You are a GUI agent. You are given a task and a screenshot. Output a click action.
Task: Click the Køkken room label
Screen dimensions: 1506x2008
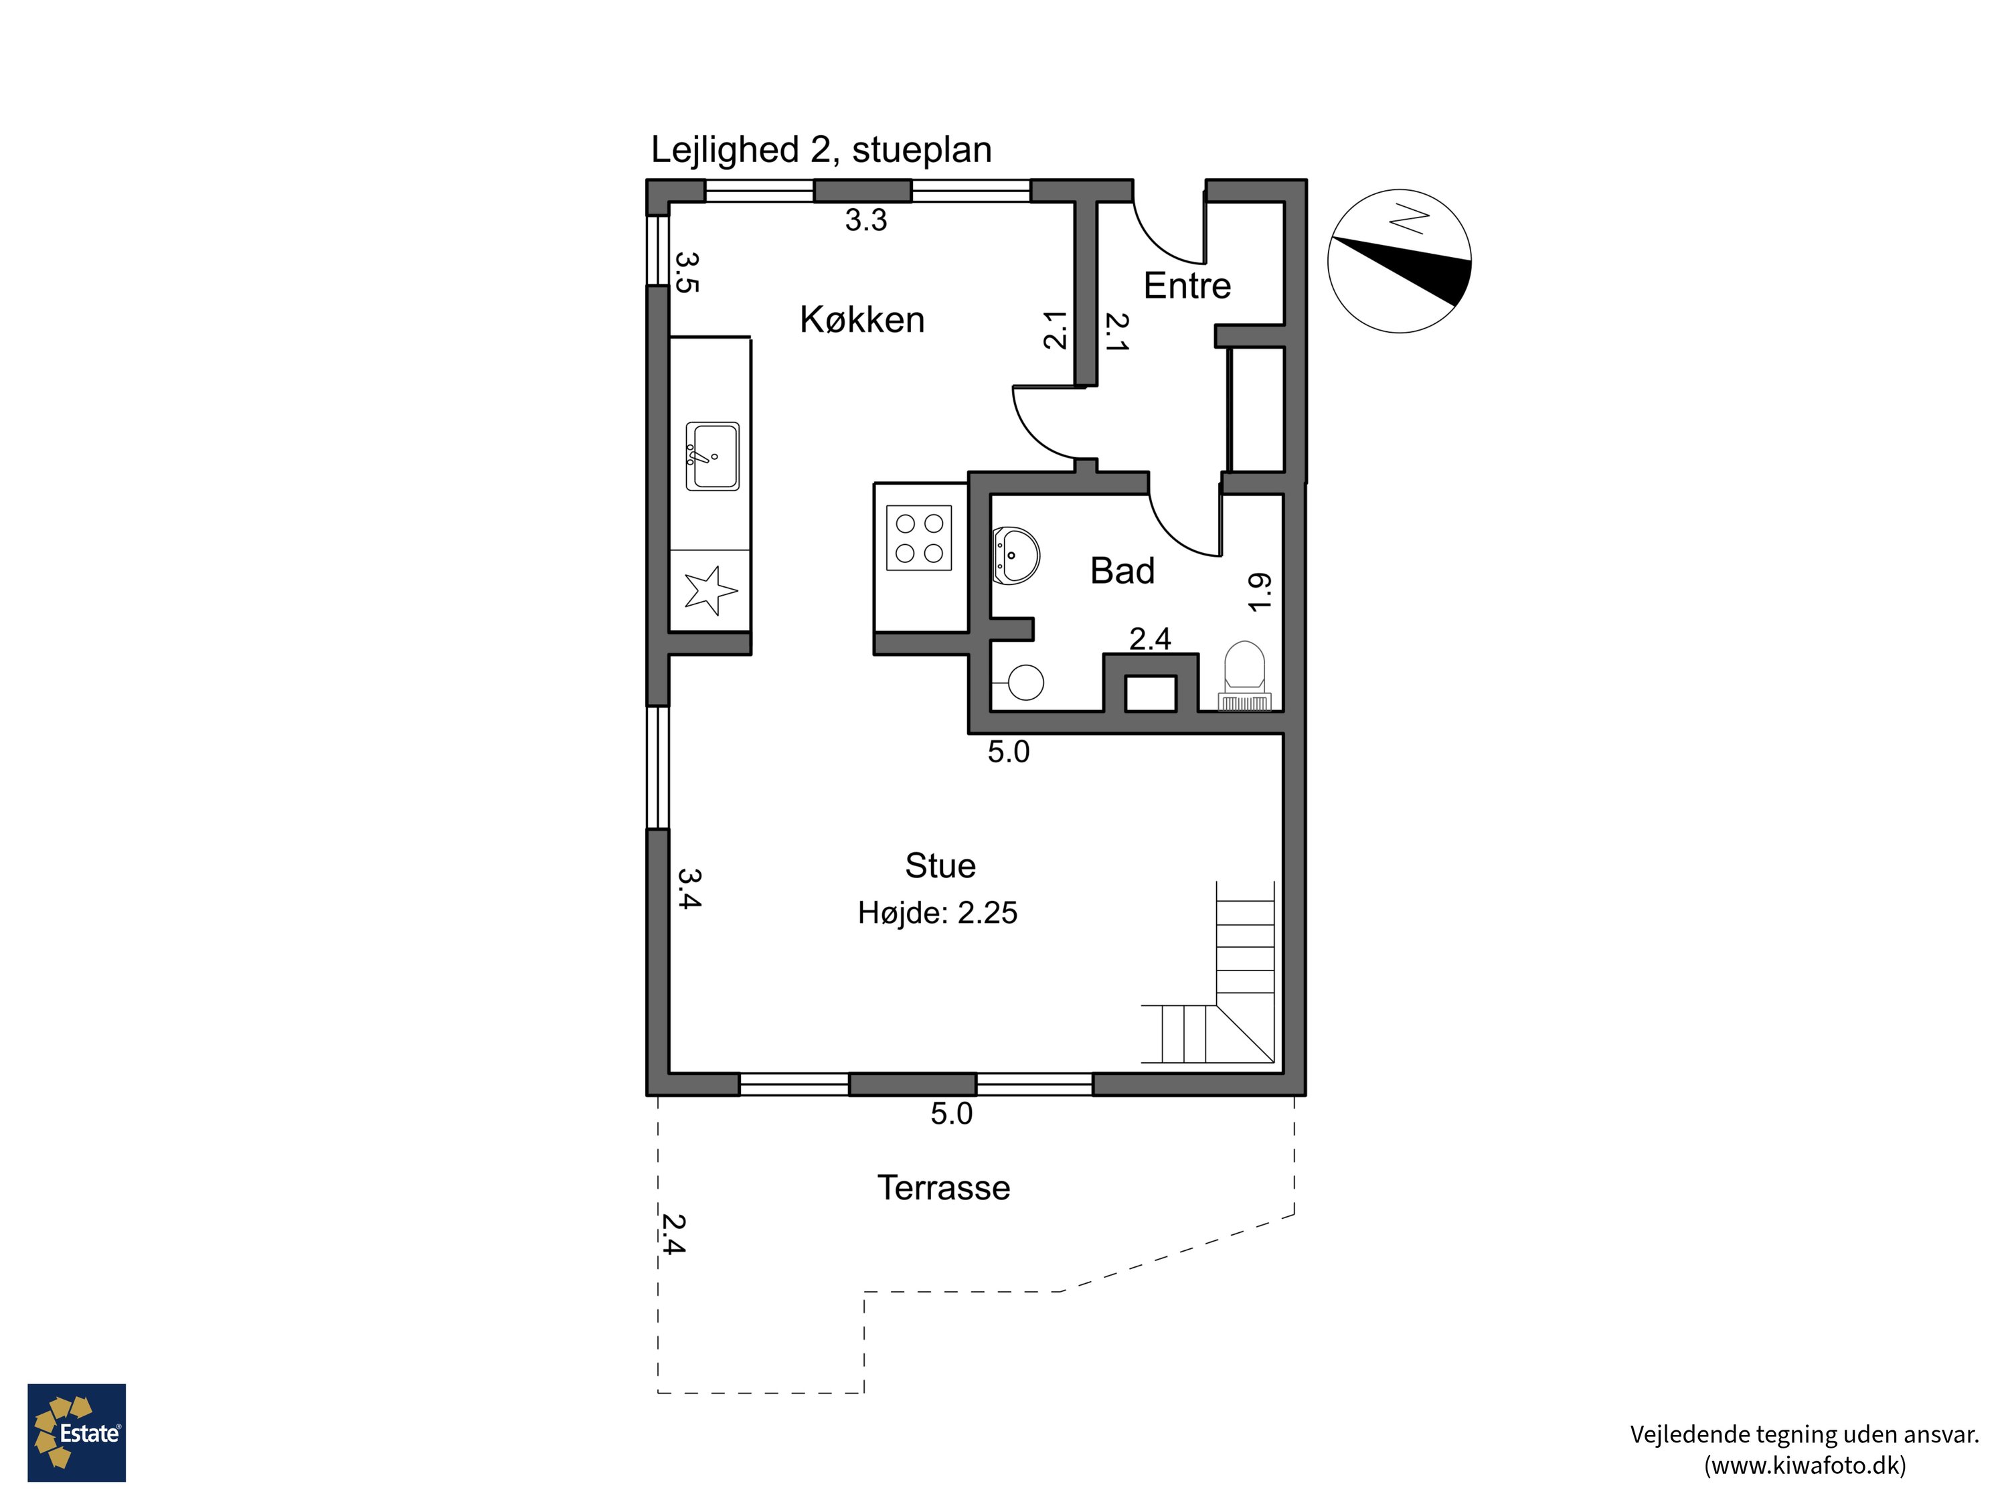861,319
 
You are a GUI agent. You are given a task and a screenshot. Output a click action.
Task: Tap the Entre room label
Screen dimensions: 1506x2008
1187,286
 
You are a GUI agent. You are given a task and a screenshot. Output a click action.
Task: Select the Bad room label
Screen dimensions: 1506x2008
1122,571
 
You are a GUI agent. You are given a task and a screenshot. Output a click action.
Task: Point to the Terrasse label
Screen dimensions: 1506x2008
943,1187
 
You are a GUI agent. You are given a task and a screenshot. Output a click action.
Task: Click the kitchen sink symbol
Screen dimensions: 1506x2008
712,456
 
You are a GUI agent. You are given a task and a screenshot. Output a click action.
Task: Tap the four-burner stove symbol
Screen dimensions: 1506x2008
919,537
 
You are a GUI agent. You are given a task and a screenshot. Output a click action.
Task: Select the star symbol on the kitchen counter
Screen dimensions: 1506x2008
710,590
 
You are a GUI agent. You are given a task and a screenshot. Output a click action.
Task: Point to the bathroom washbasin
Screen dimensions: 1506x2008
1016,555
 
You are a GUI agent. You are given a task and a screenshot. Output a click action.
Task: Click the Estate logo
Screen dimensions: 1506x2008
76,1432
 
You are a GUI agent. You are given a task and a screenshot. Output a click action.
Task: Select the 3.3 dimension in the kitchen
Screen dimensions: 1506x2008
865,220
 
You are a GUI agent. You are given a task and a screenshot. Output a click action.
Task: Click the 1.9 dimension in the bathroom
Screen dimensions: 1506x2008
1260,592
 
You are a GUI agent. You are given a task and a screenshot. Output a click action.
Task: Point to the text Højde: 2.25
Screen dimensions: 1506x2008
937,912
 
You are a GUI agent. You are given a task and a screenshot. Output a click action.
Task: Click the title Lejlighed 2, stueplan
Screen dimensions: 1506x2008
821,150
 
